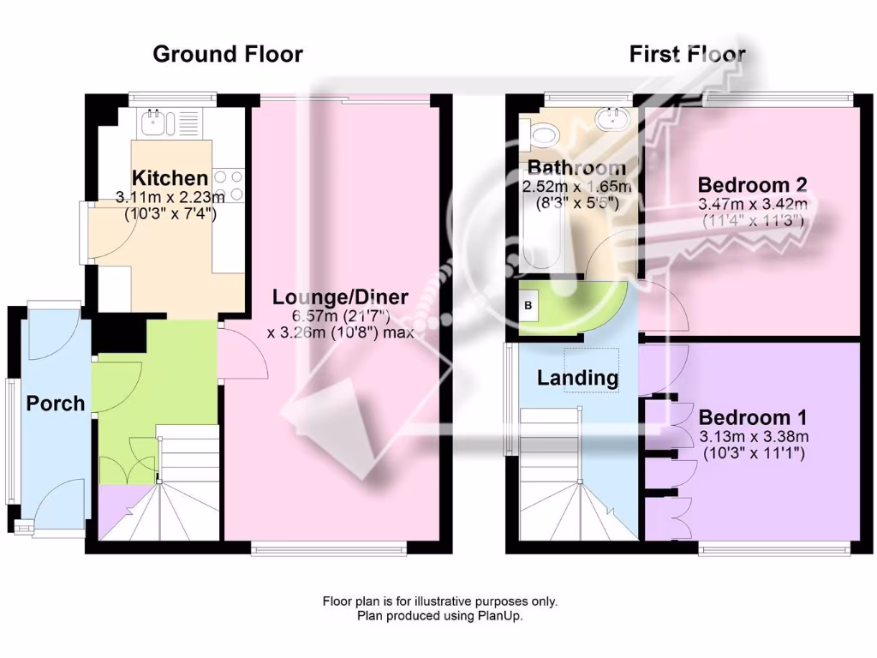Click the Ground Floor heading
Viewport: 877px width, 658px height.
227,54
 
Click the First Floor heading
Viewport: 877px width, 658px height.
687,54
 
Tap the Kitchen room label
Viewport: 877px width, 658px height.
170,178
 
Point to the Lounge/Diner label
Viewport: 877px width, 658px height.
340,297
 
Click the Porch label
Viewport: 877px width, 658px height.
56,403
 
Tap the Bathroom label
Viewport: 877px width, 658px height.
576,167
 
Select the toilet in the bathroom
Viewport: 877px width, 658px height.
542,133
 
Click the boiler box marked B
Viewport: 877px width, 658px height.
528,305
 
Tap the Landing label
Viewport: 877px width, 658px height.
577,377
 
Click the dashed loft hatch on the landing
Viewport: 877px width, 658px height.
591,370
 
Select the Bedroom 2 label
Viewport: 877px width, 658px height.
753,184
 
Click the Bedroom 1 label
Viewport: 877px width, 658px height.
753,417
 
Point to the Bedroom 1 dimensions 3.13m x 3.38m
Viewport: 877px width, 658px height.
753,437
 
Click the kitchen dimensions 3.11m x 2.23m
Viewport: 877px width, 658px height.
170,197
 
